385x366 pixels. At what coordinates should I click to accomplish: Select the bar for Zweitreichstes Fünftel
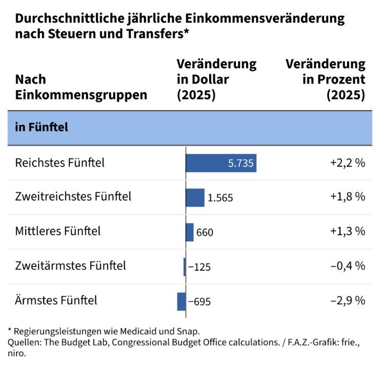pyautogui.click(x=195, y=197)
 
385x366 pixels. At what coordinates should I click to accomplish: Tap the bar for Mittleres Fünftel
pyautogui.click(x=190, y=232)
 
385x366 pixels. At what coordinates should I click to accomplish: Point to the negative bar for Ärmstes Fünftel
pyautogui.click(x=181, y=301)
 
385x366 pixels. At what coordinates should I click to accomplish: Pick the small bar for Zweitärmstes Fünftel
pyautogui.click(x=185, y=267)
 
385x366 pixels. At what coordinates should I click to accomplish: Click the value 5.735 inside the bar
pyautogui.click(x=240, y=164)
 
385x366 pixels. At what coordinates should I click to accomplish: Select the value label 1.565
pyautogui.click(x=220, y=198)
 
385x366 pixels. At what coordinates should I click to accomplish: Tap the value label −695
pyautogui.click(x=199, y=301)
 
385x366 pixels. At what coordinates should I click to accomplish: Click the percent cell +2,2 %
pyautogui.click(x=348, y=163)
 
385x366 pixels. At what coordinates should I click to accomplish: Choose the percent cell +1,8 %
pyautogui.click(x=348, y=197)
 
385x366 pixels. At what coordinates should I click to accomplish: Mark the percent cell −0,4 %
pyautogui.click(x=348, y=266)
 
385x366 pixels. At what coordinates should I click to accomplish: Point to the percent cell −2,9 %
pyautogui.click(x=348, y=300)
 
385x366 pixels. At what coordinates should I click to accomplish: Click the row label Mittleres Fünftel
pyautogui.click(x=58, y=231)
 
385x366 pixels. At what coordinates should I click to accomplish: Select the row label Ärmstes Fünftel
pyautogui.click(x=56, y=300)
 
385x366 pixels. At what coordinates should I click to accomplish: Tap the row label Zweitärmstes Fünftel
pyautogui.click(x=70, y=266)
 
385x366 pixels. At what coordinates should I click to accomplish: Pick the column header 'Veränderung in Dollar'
pyautogui.click(x=216, y=79)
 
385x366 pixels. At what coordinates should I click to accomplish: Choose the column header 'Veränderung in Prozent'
pyautogui.click(x=325, y=79)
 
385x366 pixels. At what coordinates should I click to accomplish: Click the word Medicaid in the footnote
pyautogui.click(x=116, y=331)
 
